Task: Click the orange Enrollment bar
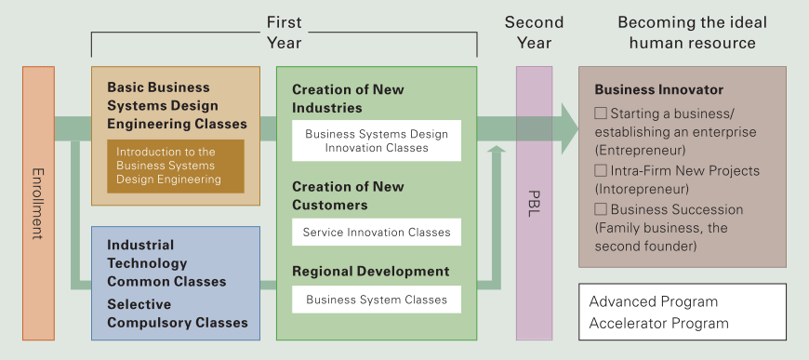[38, 203]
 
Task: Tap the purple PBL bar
[534, 203]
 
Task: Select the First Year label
[284, 32]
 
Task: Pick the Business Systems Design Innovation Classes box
[377, 140]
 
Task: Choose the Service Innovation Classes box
[377, 233]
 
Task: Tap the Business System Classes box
[377, 300]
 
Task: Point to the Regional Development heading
[370, 272]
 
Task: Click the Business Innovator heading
[658, 90]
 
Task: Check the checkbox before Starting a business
[601, 113]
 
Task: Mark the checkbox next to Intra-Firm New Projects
[601, 171]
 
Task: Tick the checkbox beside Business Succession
[601, 210]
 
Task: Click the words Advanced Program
[653, 302]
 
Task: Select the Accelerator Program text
[658, 324]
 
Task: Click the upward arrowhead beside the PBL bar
[496, 149]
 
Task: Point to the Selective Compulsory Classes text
[177, 313]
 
